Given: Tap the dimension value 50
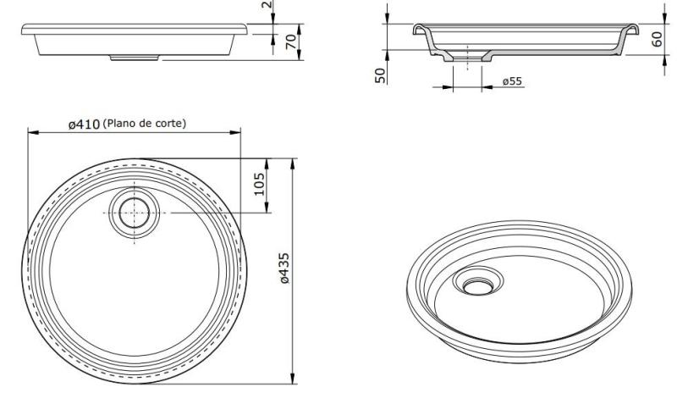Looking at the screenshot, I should click(381, 74).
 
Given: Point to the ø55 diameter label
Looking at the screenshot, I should click(511, 81).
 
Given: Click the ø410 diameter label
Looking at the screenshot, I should click(84, 124).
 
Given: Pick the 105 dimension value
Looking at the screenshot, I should click(260, 183).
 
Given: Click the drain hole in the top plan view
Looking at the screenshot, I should click(134, 213).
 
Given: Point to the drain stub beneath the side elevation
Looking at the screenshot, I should click(136, 58).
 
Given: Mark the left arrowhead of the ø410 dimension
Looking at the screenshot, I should click(32, 132).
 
